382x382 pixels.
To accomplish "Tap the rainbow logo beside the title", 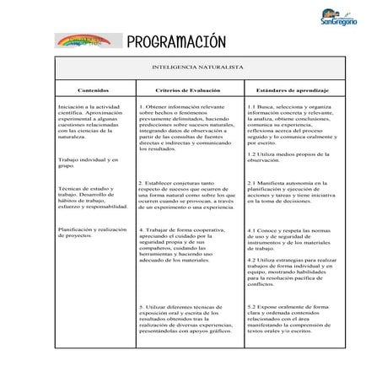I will point(87,42).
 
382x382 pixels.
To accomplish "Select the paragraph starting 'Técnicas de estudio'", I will point(91,198).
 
